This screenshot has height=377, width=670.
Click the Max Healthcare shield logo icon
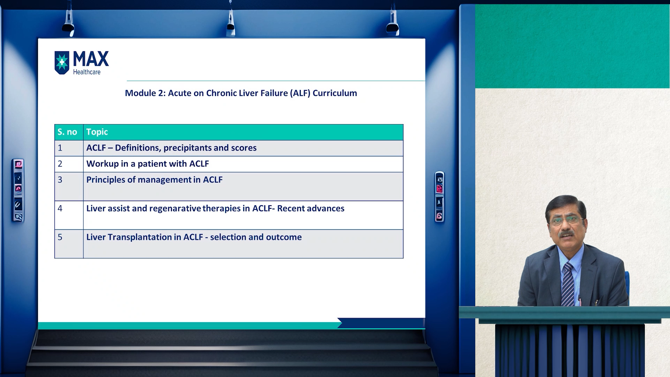click(62, 63)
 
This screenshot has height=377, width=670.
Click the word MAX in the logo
click(91, 59)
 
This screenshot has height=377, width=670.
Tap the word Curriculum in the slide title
click(335, 93)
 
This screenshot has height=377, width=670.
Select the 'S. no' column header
click(67, 132)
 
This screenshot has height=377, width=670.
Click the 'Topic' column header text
click(97, 132)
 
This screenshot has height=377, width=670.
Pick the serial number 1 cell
click(60, 148)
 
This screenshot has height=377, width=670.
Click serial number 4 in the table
click(60, 208)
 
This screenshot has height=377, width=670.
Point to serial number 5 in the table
click(60, 237)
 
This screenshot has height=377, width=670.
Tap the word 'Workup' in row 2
click(103, 164)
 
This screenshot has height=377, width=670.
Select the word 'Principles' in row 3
click(106, 180)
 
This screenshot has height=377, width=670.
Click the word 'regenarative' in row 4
click(175, 209)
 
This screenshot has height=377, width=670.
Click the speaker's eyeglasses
click(566, 220)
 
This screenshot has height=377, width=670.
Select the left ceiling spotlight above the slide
click(68, 23)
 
